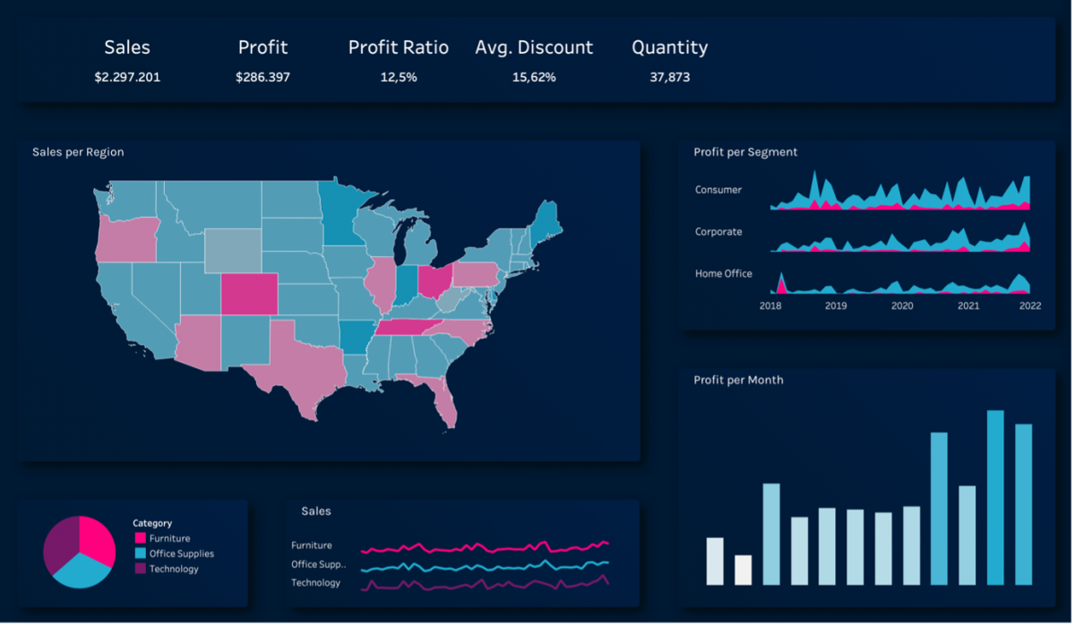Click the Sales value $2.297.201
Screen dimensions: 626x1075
(x=127, y=77)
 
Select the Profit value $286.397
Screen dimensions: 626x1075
(x=262, y=77)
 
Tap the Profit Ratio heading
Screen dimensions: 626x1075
(x=398, y=47)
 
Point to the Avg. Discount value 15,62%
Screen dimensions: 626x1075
(x=534, y=77)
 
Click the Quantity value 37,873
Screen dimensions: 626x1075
(x=669, y=77)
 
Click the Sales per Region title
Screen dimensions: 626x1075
(x=78, y=152)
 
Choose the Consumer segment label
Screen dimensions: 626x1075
(x=718, y=190)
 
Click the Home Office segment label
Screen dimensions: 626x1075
(x=723, y=273)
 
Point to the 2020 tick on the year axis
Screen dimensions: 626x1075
(x=902, y=305)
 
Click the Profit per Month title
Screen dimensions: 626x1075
(x=738, y=380)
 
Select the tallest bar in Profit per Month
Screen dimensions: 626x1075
(x=995, y=497)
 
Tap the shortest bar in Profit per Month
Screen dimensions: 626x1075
(x=743, y=570)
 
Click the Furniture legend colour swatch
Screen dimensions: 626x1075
(x=140, y=538)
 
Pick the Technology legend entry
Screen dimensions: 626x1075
(x=174, y=569)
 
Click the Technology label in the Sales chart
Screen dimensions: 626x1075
(x=315, y=583)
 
